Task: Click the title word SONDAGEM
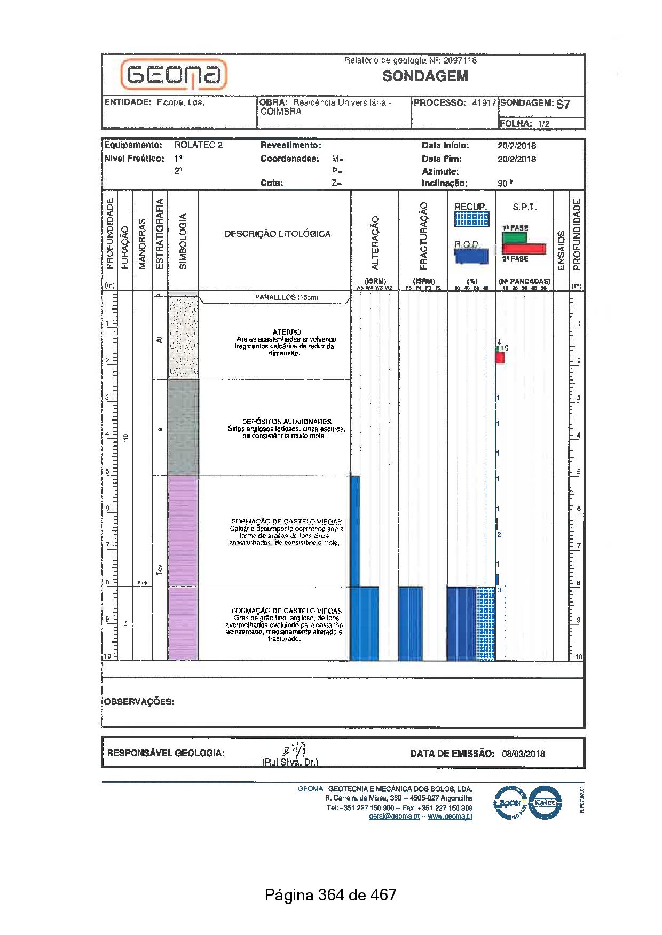pyautogui.click(x=425, y=76)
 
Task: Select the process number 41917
pyautogui.click(x=484, y=103)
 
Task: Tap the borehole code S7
pyautogui.click(x=563, y=104)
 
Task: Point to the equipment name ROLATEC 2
pyautogui.click(x=198, y=145)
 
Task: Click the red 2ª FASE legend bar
pyautogui.click(x=524, y=249)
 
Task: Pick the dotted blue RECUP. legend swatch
pyautogui.click(x=471, y=219)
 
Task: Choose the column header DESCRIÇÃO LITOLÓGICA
pyautogui.click(x=277, y=234)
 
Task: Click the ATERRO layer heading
pyautogui.click(x=287, y=332)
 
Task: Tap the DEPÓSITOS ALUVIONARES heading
pyautogui.click(x=287, y=422)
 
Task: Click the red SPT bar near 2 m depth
pyautogui.click(x=500, y=358)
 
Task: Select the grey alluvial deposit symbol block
pyautogui.click(x=183, y=427)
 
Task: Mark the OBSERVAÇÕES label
pyautogui.click(x=139, y=702)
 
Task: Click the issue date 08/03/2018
pyautogui.click(x=523, y=754)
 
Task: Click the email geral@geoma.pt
pyautogui.click(x=394, y=816)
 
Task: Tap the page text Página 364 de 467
pyautogui.click(x=330, y=894)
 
